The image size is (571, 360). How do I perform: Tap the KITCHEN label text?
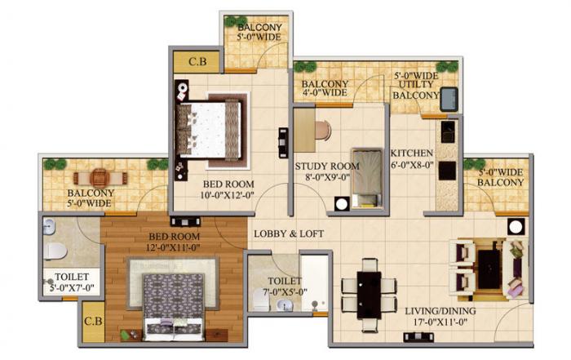(410, 153)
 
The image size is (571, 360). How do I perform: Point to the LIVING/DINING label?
(438, 309)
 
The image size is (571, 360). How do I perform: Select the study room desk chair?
(322, 131)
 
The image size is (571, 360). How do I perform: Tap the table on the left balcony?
(99, 177)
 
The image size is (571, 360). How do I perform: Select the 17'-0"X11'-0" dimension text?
(438, 322)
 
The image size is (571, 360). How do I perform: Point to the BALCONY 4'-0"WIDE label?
(325, 88)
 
